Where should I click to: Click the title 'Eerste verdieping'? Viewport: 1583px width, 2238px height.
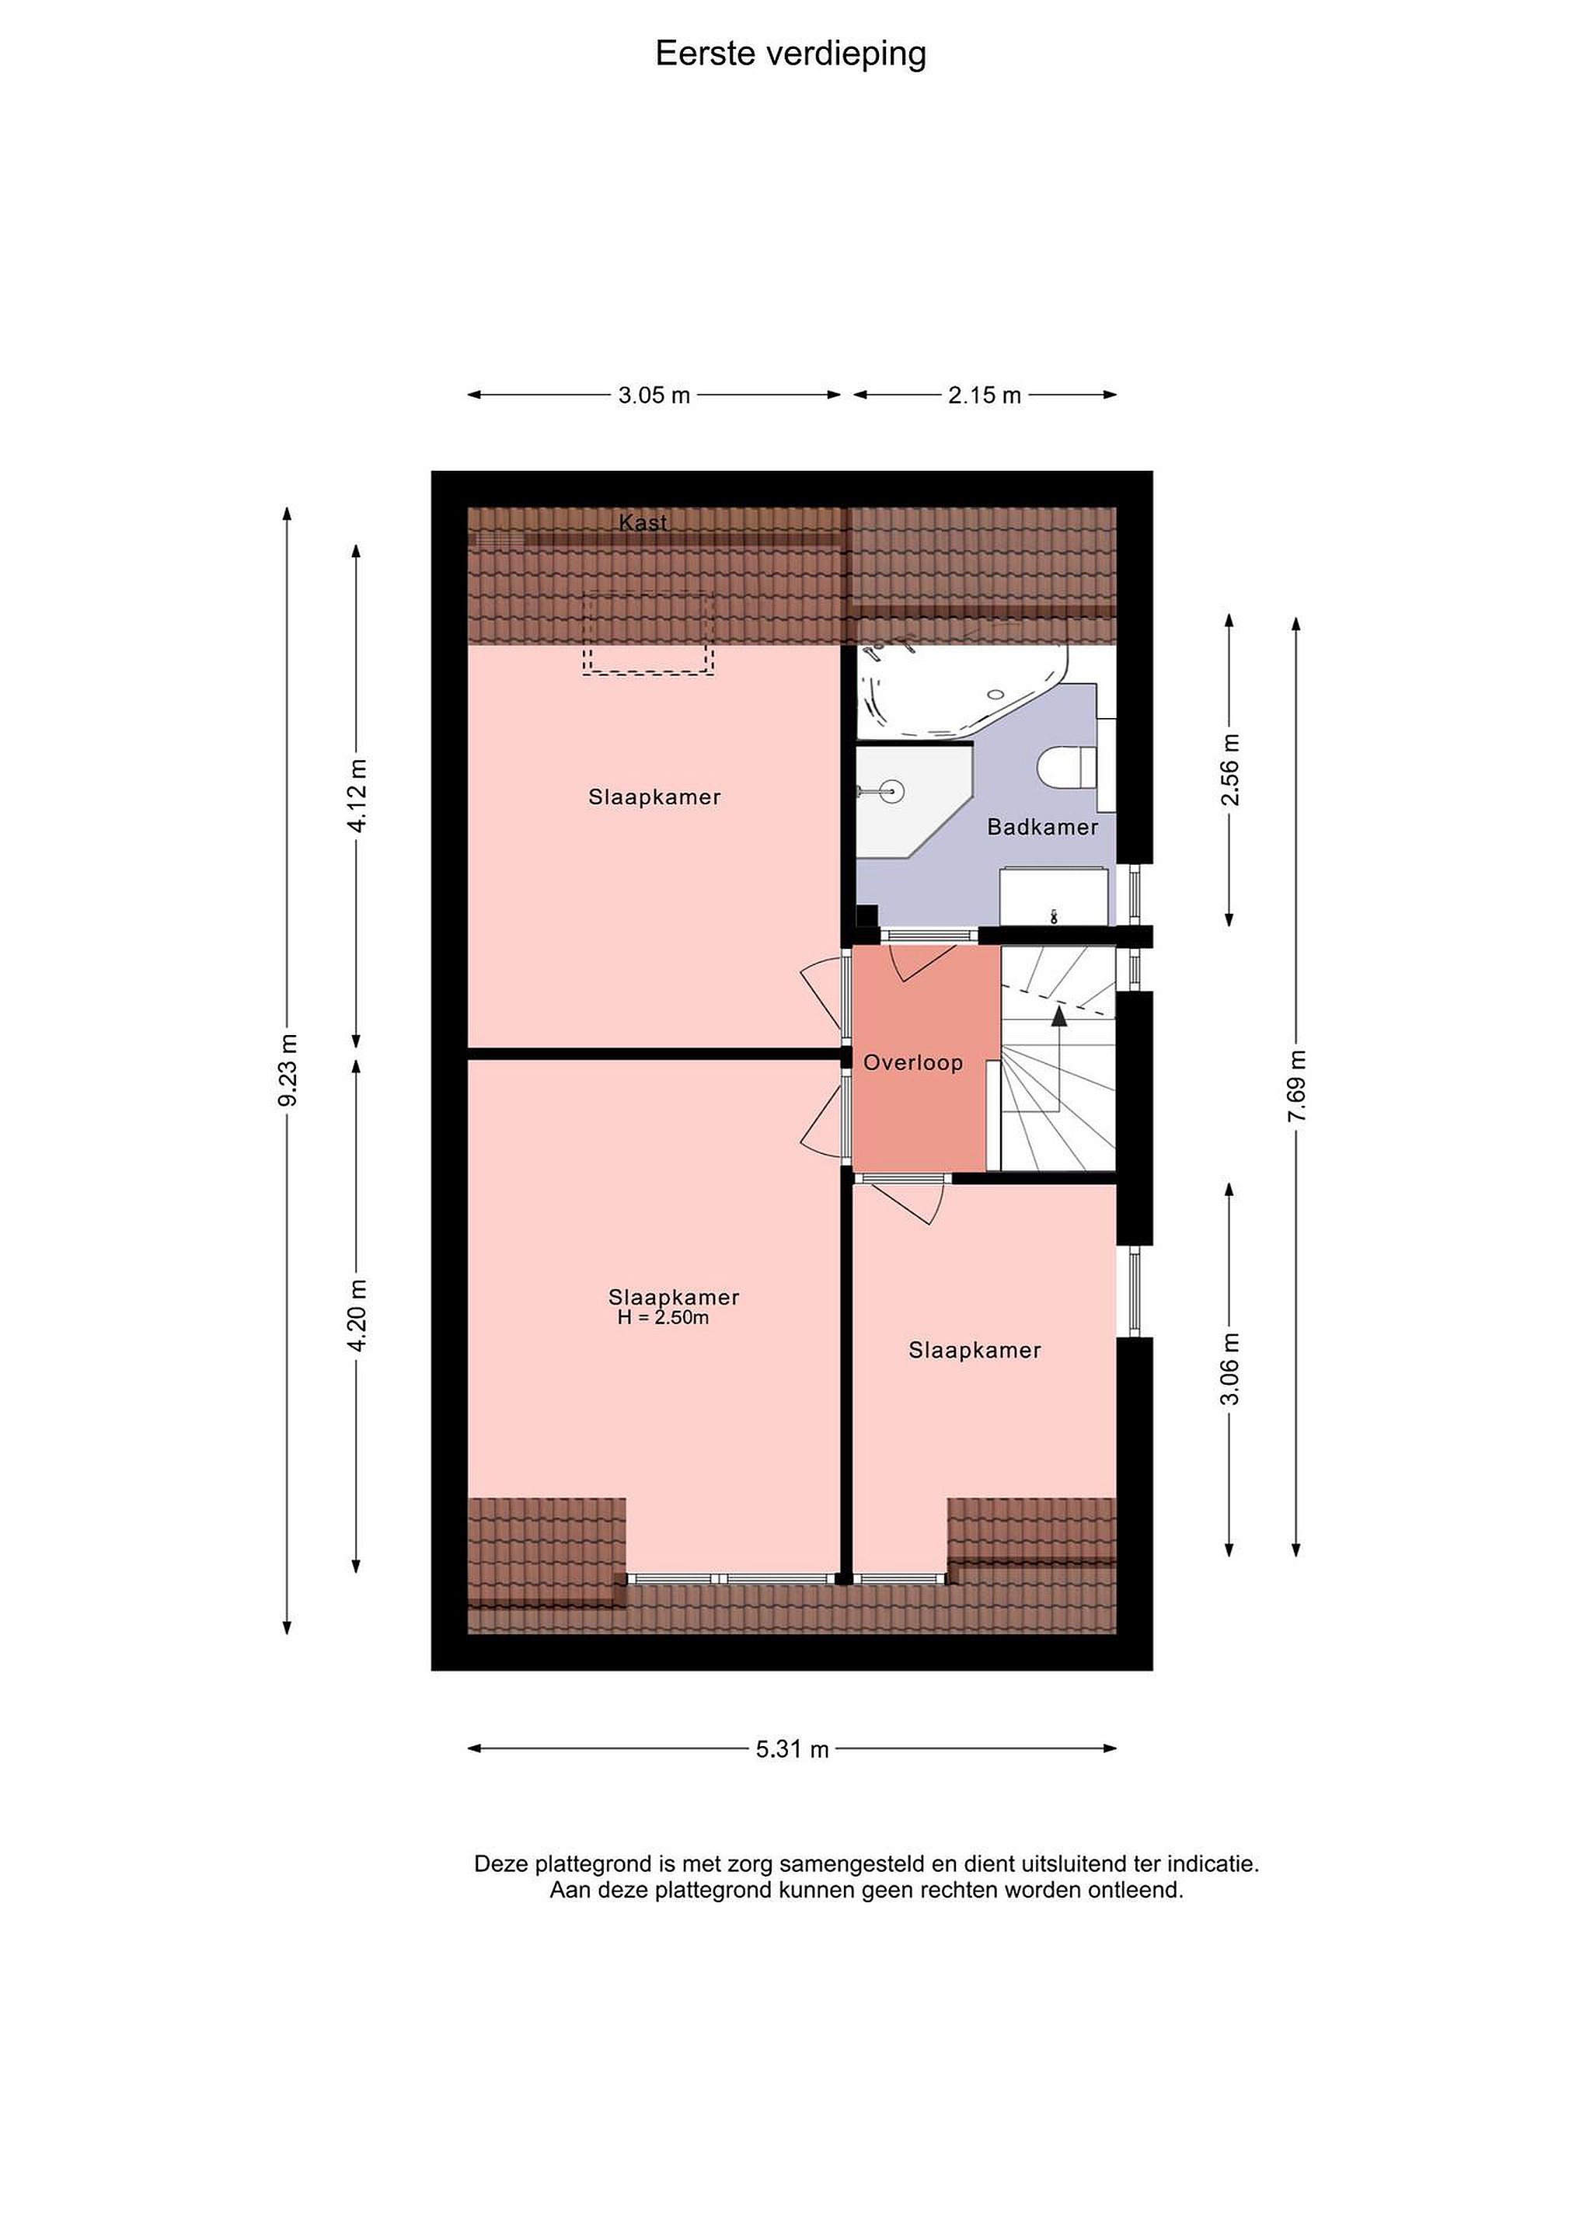point(790,54)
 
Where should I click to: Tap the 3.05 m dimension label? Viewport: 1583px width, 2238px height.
point(654,395)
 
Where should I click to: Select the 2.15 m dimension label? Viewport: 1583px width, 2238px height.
point(985,395)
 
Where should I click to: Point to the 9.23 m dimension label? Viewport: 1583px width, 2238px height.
point(288,1070)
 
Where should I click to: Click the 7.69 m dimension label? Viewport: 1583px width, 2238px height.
point(1296,1085)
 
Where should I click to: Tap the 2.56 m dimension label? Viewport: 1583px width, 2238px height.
point(1230,769)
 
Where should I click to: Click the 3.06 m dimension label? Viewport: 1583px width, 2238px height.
point(1230,1368)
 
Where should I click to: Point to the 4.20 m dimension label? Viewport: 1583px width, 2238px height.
point(357,1315)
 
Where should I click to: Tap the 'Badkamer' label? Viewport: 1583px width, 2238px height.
point(1043,827)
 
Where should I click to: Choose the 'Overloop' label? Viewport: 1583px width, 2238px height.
point(913,1062)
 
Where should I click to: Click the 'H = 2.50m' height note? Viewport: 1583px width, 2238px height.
point(663,1318)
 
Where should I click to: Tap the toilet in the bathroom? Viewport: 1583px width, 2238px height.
point(1067,765)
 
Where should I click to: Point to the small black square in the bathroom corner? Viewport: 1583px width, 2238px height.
point(866,916)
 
